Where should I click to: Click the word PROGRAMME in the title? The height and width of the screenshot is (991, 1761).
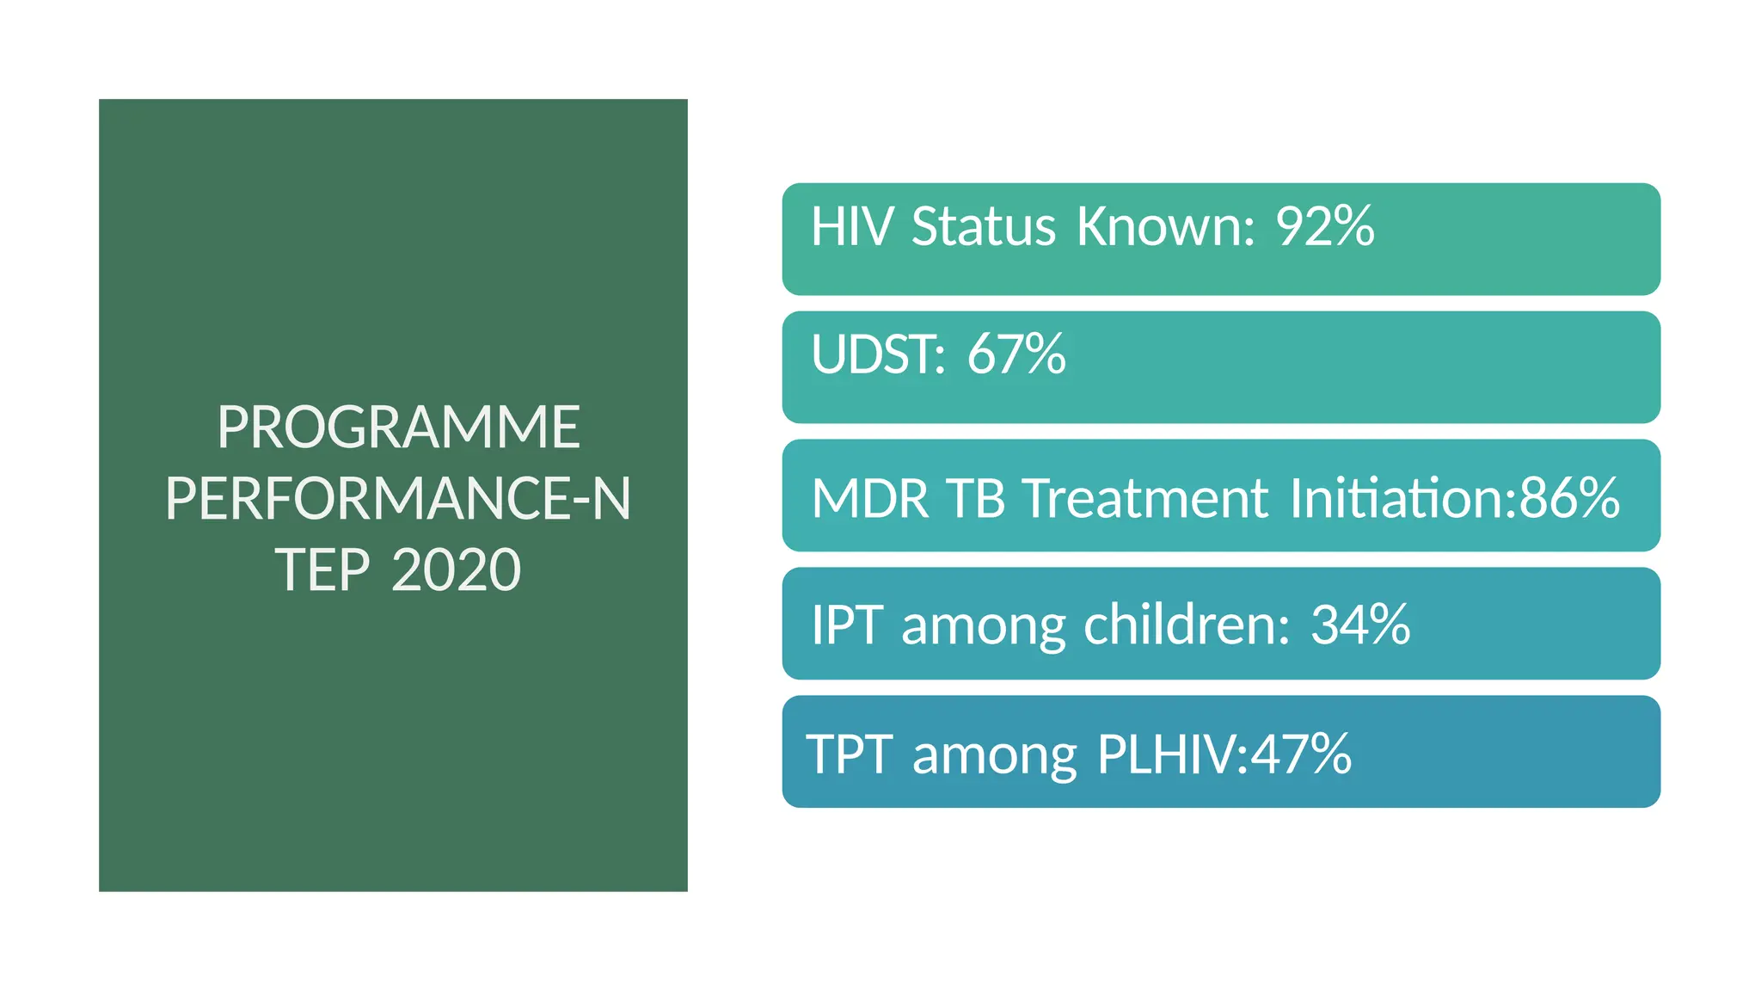coord(398,427)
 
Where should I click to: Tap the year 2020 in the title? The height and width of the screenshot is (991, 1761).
coord(456,570)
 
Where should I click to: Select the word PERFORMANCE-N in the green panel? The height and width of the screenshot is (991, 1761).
coord(398,499)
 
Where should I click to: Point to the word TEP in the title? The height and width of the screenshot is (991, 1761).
coord(322,570)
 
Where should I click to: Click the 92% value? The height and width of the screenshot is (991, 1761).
coord(1325,226)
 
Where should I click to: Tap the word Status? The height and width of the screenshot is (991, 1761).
coord(983,226)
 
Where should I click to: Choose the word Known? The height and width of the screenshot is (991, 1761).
coord(1166,226)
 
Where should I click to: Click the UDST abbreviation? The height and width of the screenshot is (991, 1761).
coord(877,354)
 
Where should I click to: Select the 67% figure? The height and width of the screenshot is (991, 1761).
coord(1016,354)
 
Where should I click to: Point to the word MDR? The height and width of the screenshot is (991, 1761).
coord(870,498)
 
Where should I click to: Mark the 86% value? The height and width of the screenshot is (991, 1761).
coord(1570,498)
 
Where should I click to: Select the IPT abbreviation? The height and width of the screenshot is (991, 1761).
coord(847,625)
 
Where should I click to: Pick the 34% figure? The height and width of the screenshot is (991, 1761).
coord(1360,625)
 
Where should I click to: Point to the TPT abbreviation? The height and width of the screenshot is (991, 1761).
coord(849,754)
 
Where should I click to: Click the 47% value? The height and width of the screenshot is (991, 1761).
coord(1301,754)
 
